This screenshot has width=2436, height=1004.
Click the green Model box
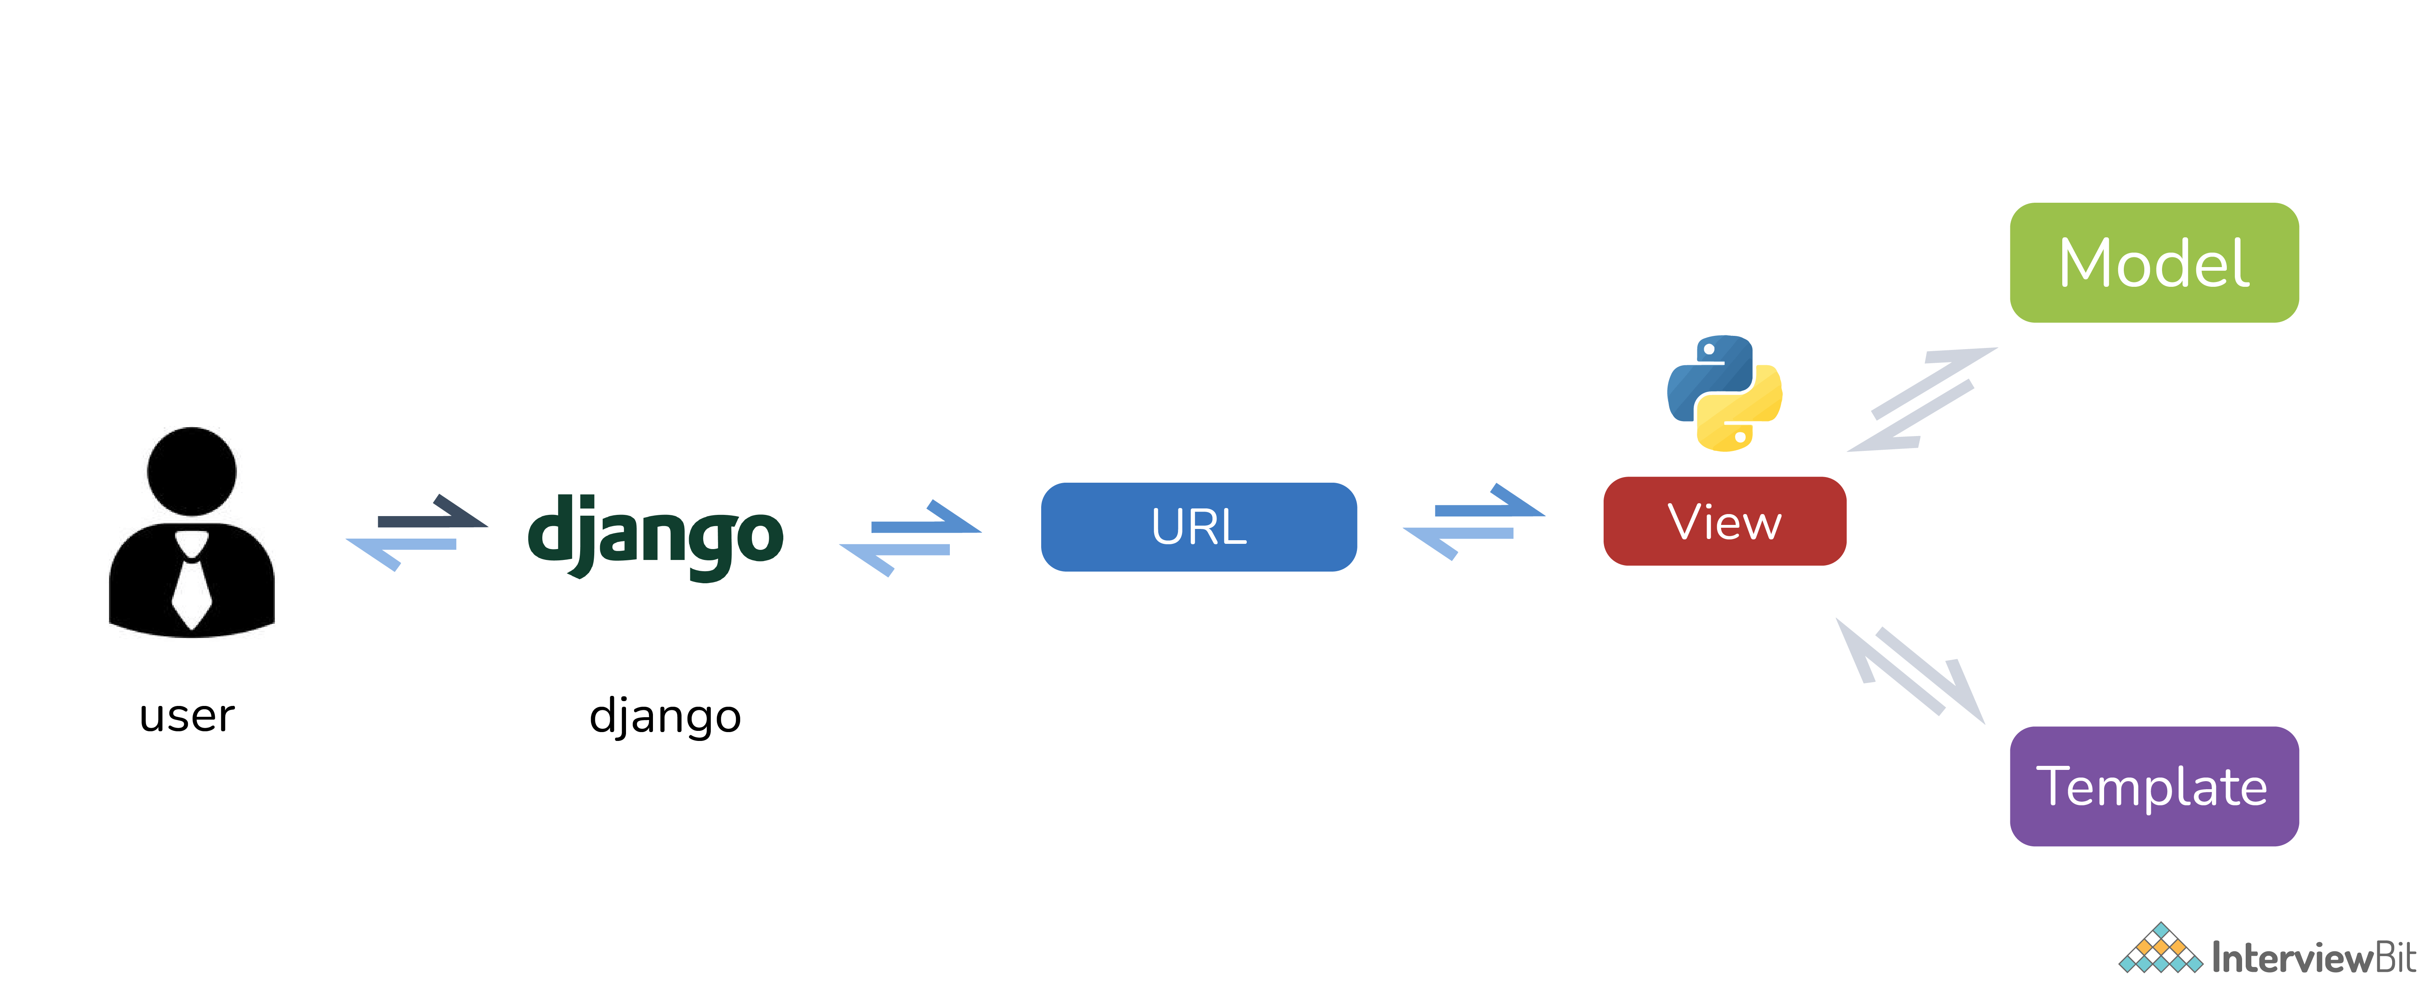(2153, 263)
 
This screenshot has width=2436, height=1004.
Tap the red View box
(1724, 521)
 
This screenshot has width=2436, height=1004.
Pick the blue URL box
(1198, 527)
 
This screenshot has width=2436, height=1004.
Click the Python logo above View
(1724, 392)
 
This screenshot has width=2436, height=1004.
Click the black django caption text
(665, 716)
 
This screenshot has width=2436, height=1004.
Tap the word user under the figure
(186, 716)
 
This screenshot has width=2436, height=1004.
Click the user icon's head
(192, 471)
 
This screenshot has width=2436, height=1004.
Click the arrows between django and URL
(910, 537)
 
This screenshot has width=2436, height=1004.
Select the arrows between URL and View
(1473, 522)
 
